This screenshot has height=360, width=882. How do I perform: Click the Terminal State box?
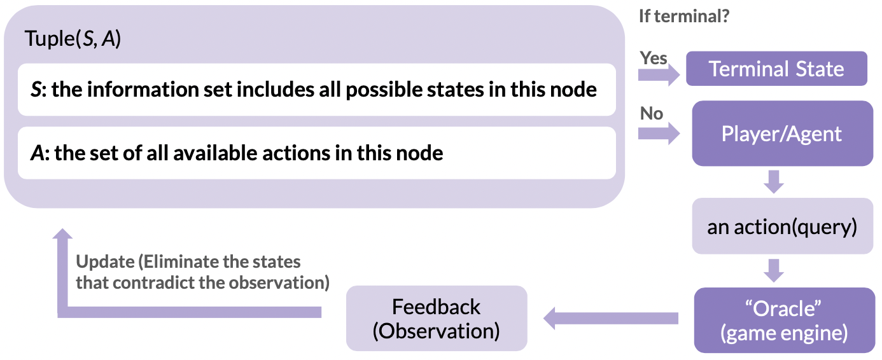[776, 69]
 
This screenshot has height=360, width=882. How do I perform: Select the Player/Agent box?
[782, 134]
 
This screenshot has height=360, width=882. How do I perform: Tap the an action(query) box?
[782, 226]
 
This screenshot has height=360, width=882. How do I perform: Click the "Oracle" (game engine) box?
[785, 321]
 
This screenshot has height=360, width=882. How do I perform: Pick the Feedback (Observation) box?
[437, 318]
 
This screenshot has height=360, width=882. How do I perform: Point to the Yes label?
[654, 59]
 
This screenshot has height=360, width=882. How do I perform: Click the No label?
[651, 113]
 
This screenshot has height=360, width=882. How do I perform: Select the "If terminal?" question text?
[684, 16]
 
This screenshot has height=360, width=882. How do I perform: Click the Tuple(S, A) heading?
[73, 39]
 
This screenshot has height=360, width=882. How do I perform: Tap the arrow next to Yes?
[659, 74]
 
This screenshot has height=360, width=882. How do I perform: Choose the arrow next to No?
[659, 134]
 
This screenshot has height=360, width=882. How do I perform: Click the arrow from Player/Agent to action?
[774, 182]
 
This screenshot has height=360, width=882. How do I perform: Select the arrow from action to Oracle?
[774, 271]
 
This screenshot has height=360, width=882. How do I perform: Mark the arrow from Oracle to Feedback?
[611, 318]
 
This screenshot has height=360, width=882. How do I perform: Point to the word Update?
[105, 261]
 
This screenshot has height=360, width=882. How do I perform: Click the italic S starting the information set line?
[36, 89]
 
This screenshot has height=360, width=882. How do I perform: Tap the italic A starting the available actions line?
[38, 153]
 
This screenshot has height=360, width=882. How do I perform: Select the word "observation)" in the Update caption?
[279, 283]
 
